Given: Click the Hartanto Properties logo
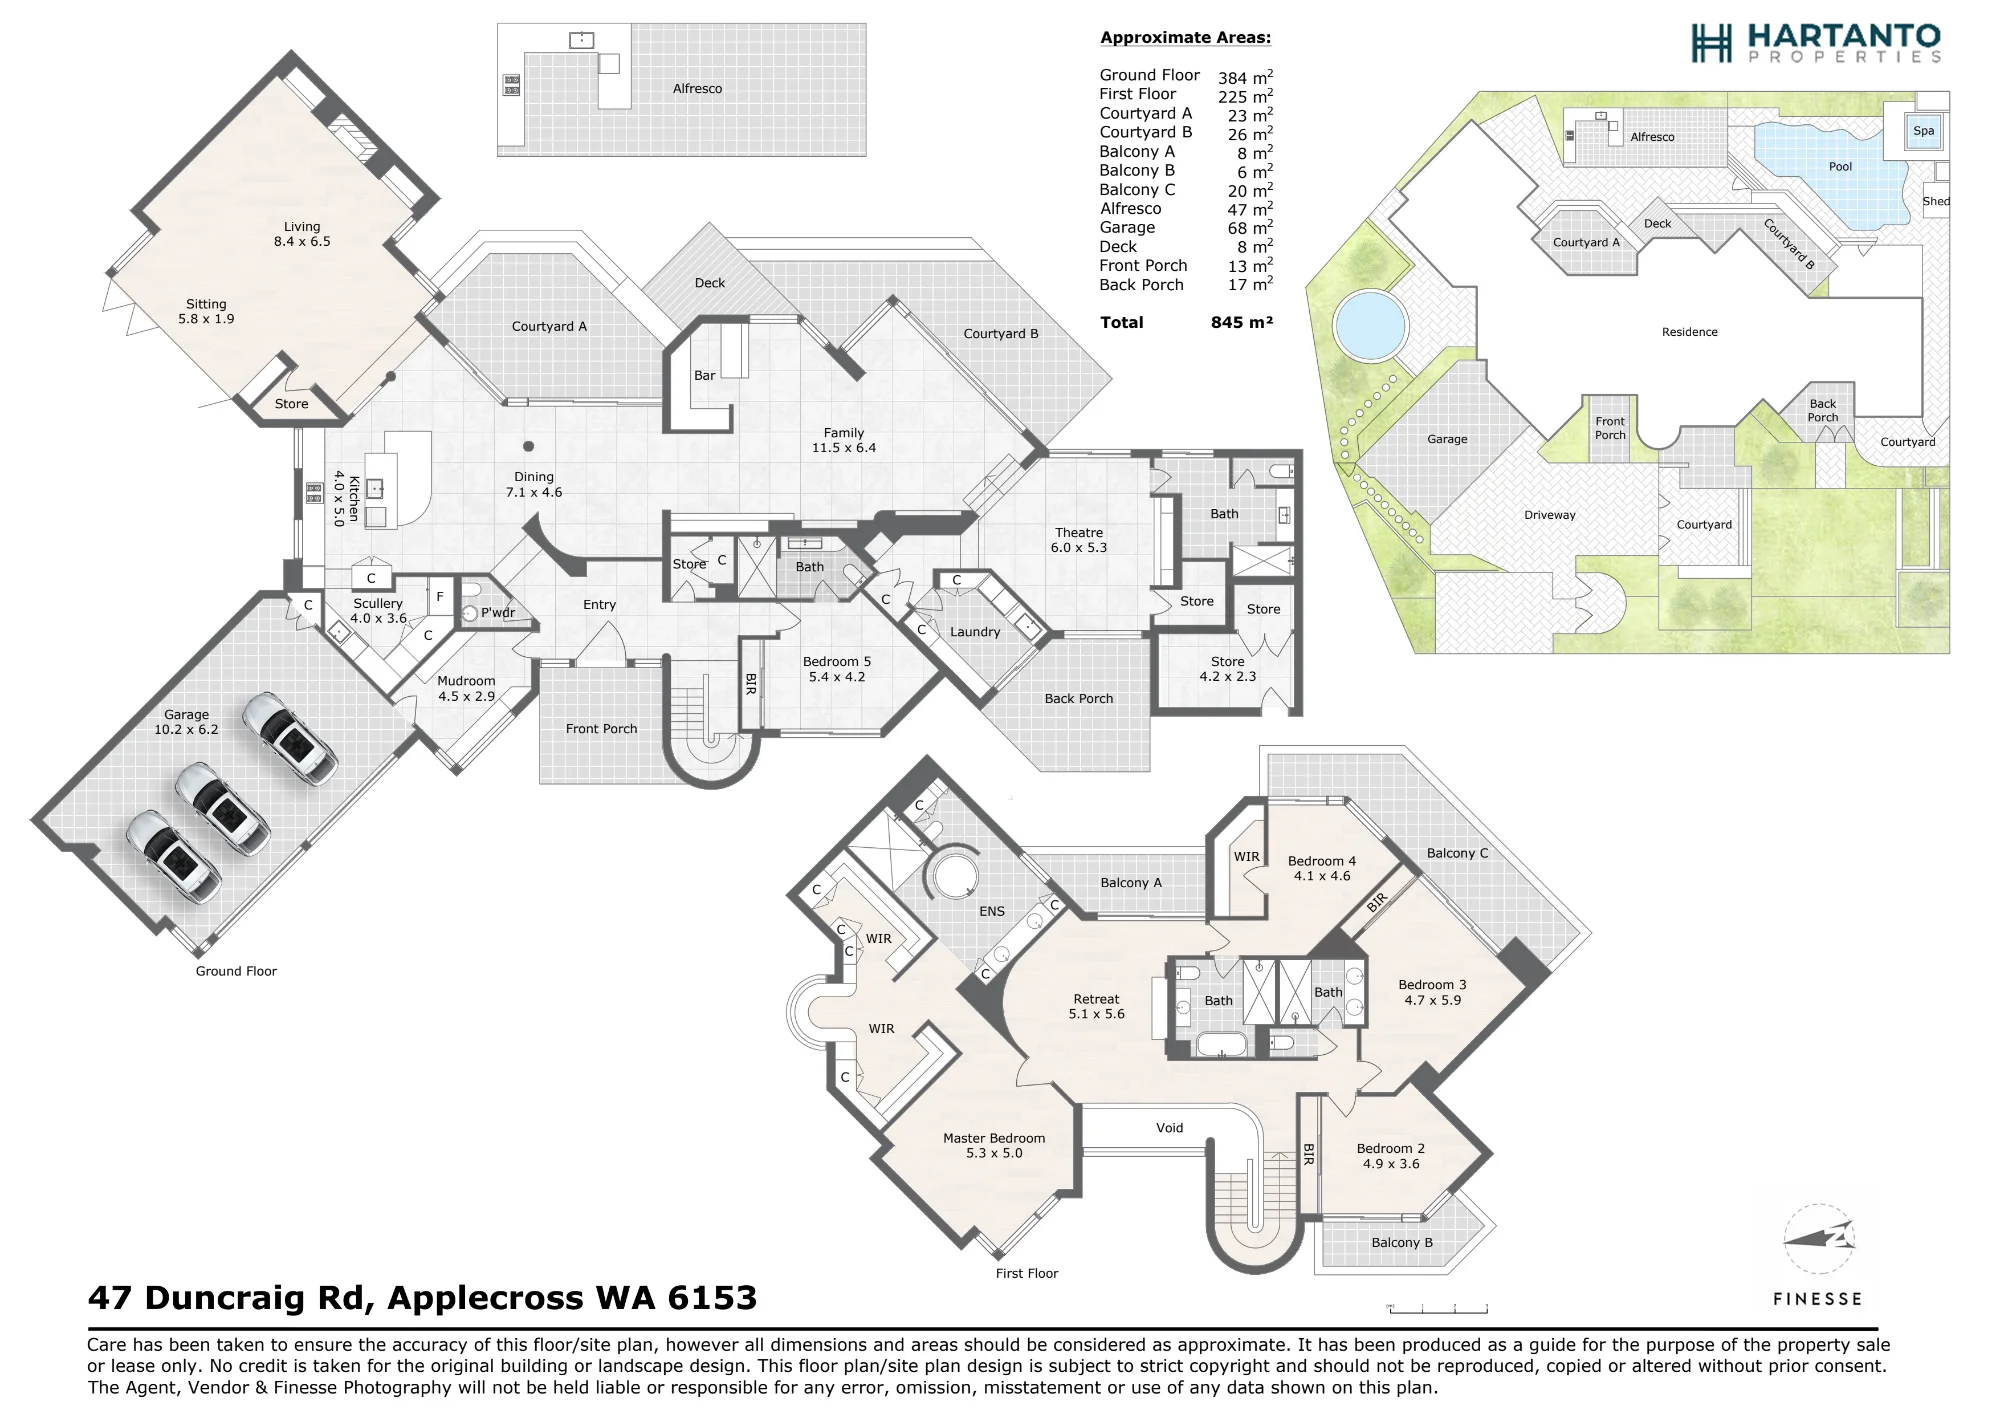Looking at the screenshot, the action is pos(1816,43).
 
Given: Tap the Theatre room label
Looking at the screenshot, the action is pos(1079,540).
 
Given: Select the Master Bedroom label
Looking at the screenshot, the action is pos(994,1145).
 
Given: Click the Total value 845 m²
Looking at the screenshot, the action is pos(1241,322).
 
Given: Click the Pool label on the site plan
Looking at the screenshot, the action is pos(1840,167).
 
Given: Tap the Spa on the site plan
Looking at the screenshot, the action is pos(1923,131).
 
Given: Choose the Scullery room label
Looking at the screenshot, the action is pos(378,611).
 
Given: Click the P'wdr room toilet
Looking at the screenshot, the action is pos(470,613).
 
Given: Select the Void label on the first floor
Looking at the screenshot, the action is pos(1169,1128).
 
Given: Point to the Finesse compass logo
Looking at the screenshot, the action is pos(1817,1240).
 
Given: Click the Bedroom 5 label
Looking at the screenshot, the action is pos(836,669).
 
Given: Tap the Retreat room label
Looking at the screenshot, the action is pos(1096,1006).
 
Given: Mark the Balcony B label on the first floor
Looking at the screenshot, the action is pos(1402,1242).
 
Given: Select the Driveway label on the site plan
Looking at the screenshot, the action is pos(1550,515).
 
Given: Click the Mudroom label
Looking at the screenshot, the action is pos(466,689).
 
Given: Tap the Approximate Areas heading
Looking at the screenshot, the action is pos(1186,38).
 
